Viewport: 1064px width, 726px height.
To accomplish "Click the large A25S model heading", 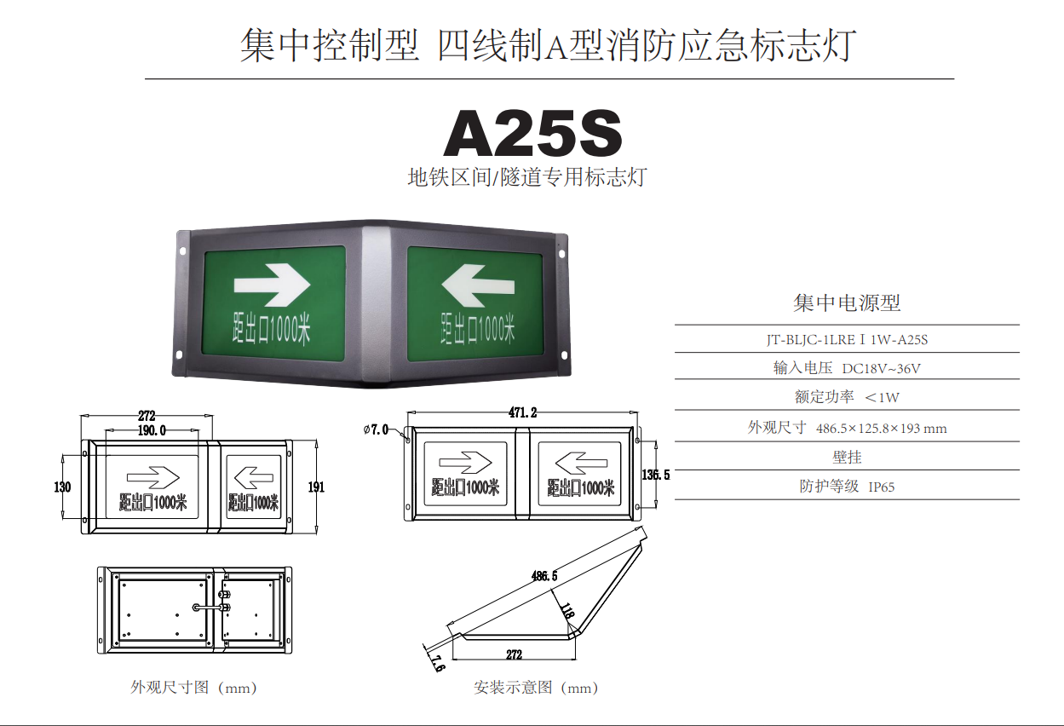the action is (x=532, y=133).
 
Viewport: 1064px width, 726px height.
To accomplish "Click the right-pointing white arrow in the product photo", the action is (x=272, y=285).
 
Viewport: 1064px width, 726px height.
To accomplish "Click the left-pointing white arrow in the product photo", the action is (x=478, y=286).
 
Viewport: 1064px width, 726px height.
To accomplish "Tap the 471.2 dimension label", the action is (x=522, y=412).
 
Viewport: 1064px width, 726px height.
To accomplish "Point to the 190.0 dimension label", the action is (x=152, y=430).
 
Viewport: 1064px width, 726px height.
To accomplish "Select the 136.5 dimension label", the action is (x=656, y=474).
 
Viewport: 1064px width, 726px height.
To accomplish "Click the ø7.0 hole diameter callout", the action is (x=376, y=429).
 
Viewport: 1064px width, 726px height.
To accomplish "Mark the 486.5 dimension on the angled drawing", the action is (x=544, y=576).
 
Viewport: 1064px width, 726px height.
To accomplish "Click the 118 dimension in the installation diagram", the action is (x=567, y=610).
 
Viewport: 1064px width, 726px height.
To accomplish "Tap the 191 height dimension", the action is (x=316, y=487).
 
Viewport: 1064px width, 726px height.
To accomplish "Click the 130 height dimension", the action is (x=62, y=487).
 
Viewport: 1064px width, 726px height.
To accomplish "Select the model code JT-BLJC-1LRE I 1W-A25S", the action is (x=847, y=340).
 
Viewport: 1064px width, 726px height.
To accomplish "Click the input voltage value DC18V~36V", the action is (x=881, y=369).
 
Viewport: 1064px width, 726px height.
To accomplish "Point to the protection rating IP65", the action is (x=882, y=487).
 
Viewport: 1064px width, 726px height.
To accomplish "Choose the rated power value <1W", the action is (x=882, y=398).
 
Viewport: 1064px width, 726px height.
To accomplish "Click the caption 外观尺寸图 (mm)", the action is (x=193, y=688).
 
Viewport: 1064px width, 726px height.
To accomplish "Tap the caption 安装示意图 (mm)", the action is (x=536, y=688).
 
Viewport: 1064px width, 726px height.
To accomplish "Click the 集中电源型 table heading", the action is (x=847, y=303).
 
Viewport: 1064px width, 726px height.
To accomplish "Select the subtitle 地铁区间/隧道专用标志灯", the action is (x=527, y=177).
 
